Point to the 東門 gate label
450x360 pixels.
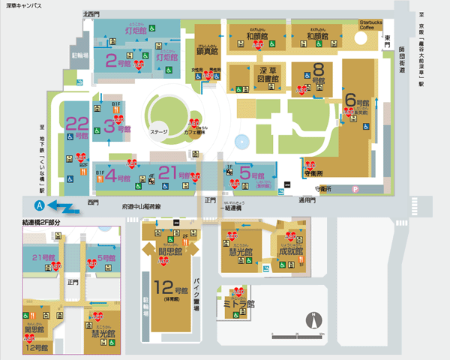coord(388,37)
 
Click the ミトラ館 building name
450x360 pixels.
coord(240,304)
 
